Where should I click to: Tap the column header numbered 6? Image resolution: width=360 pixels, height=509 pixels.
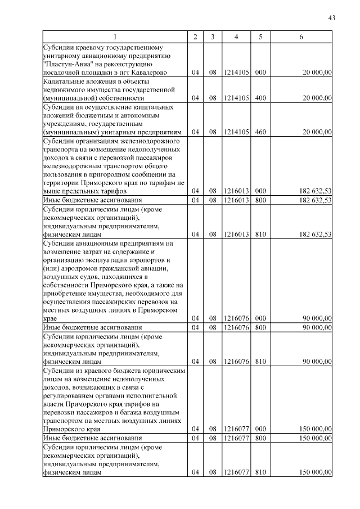pyautogui.click(x=301, y=37)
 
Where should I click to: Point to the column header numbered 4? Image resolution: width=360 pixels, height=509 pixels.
pyautogui.click(x=236, y=37)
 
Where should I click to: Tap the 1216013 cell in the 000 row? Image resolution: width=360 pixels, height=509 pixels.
pyautogui.click(x=236, y=191)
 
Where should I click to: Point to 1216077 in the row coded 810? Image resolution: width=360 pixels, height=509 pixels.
pyautogui.click(x=236, y=472)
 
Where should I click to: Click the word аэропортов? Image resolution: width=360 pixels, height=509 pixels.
pyautogui.click(x=150, y=261)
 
